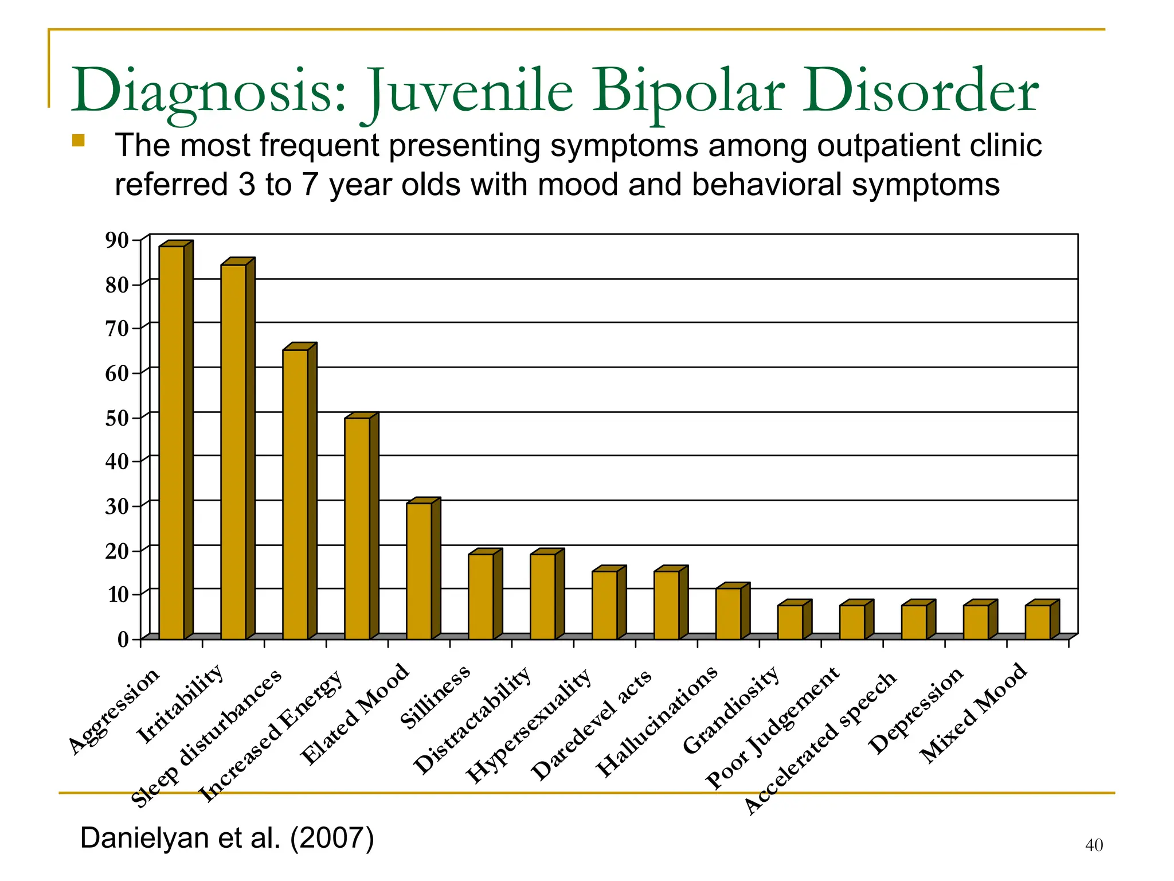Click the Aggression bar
[x=171, y=442]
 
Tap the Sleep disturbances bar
[x=295, y=494]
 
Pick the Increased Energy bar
[x=357, y=528]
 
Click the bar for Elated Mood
[x=419, y=571]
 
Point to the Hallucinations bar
[x=729, y=613]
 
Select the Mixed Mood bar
[x=1038, y=622]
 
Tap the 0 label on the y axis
[x=123, y=640]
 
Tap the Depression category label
[x=915, y=711]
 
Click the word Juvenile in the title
[x=470, y=92]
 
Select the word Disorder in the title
[x=919, y=92]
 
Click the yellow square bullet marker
[x=79, y=141]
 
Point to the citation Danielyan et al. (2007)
[x=227, y=838]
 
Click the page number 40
[x=1094, y=845]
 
